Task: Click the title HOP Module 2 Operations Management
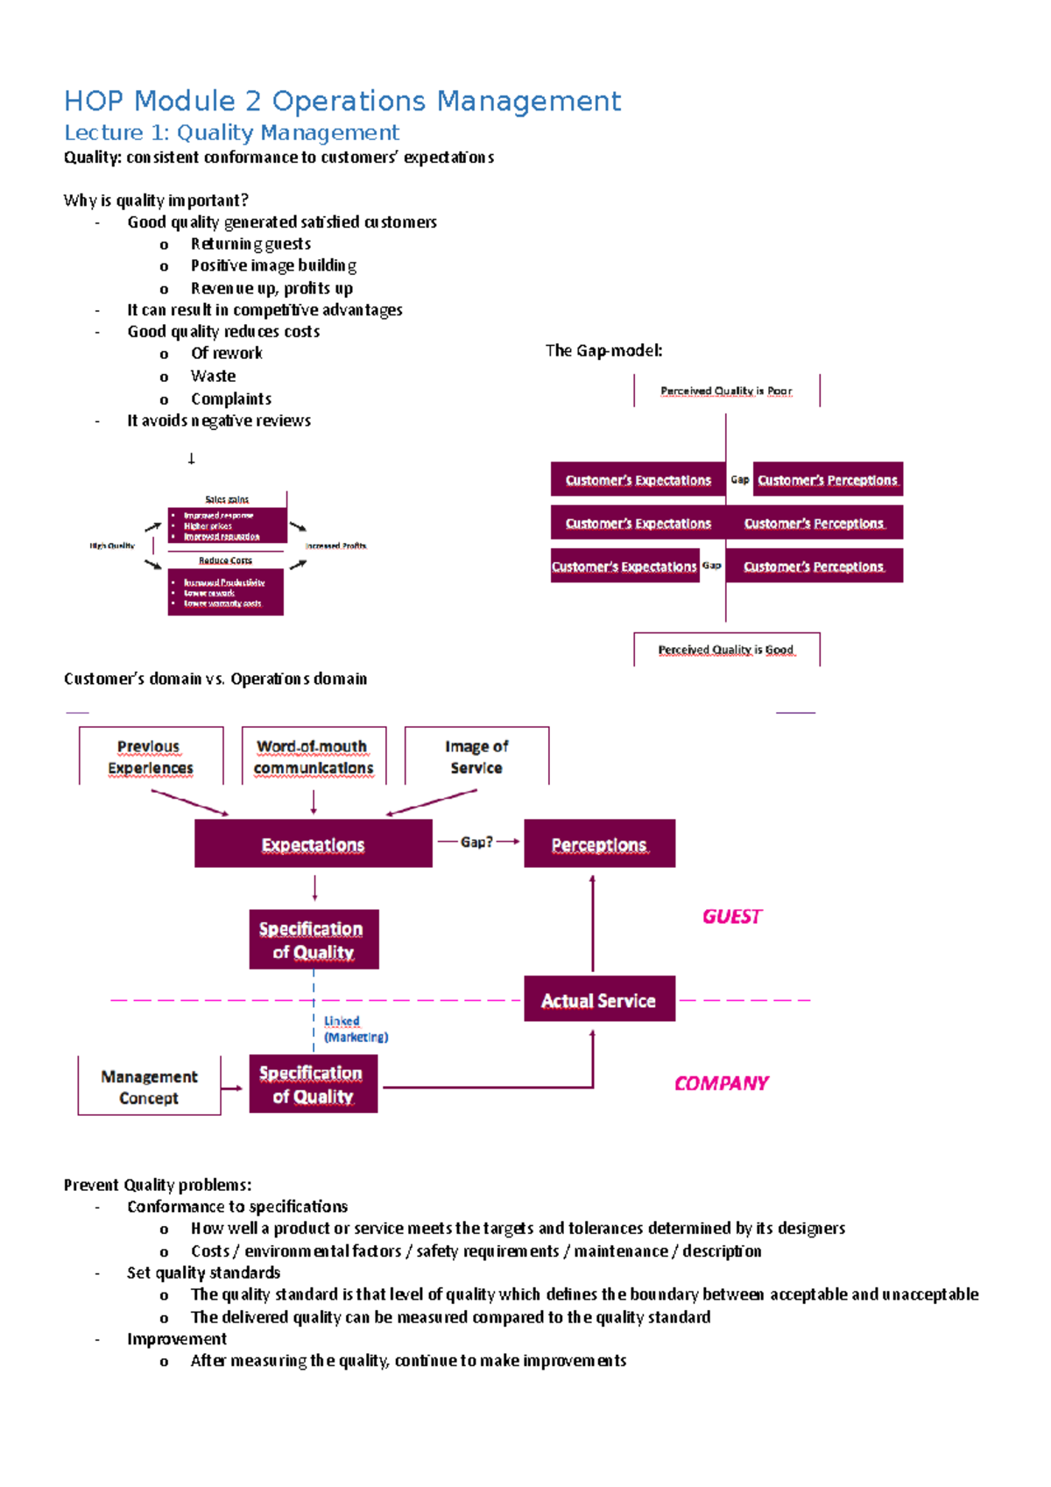(x=342, y=101)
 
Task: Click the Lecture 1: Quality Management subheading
(x=231, y=133)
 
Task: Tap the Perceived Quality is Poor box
(x=726, y=391)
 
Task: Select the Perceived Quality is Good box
(x=726, y=649)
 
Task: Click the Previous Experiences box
(x=151, y=757)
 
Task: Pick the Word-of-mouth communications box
(x=313, y=757)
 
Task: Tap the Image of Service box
(x=476, y=757)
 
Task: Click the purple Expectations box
(x=313, y=844)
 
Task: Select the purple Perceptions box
(x=599, y=844)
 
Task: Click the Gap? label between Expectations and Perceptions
(x=476, y=842)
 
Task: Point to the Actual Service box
(x=599, y=999)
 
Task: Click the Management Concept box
(x=149, y=1087)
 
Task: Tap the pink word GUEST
(x=732, y=916)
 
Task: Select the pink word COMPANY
(x=721, y=1083)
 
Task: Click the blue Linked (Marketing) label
(x=355, y=1029)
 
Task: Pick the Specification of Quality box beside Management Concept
(x=313, y=1084)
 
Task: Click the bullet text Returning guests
(x=250, y=243)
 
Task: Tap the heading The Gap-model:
(x=603, y=350)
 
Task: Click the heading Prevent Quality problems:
(x=158, y=1185)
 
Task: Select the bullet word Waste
(x=213, y=376)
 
